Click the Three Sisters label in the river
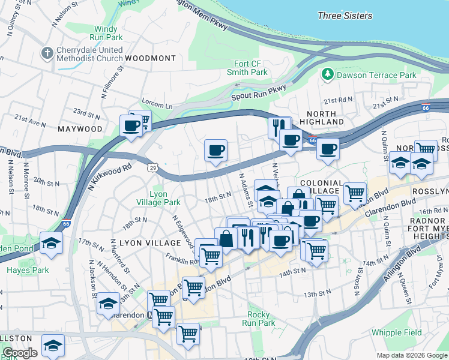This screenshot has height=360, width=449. tap(345, 16)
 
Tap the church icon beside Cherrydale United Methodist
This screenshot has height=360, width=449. tap(47, 53)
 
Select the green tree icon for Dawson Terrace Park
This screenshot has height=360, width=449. tap(328, 75)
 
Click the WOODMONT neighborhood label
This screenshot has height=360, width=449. tap(151, 58)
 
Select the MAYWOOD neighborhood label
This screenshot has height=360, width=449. tap(80, 129)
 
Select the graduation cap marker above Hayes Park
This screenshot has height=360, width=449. tap(52, 244)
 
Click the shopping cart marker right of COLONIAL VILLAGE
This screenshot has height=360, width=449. tap(355, 193)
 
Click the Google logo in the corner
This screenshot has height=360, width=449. tap(20, 353)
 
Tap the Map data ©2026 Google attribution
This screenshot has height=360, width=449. tap(411, 355)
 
